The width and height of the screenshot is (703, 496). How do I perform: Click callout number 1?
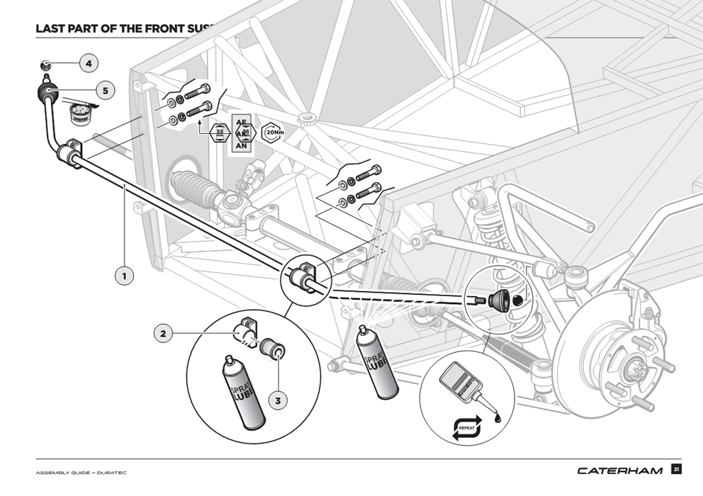[x=124, y=275]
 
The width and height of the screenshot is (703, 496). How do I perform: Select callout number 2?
[x=164, y=332]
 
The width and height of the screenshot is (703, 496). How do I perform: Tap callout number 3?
[x=278, y=400]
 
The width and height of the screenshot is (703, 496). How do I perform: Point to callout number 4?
[x=89, y=64]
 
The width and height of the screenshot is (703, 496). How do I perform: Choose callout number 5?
[x=105, y=90]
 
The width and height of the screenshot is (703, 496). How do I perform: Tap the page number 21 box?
[x=677, y=469]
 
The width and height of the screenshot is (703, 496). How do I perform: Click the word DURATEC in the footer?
[x=111, y=473]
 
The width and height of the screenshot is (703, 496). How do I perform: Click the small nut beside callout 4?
[x=45, y=64]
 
